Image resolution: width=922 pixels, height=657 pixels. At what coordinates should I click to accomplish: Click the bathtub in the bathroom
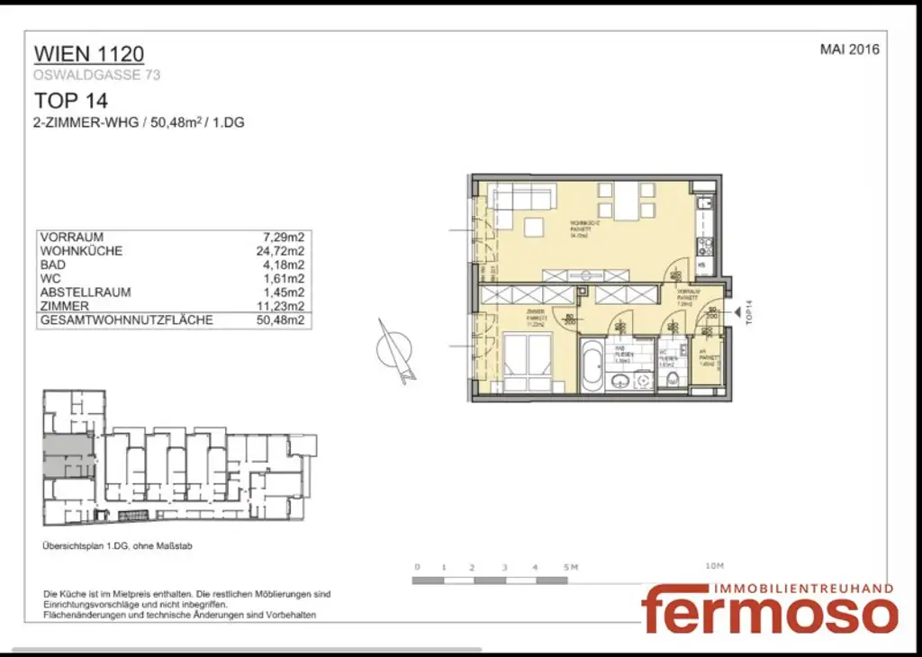593,364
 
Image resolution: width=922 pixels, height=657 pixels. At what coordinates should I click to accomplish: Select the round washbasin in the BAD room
621,382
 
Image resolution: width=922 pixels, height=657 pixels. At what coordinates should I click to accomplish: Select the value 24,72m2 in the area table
280,251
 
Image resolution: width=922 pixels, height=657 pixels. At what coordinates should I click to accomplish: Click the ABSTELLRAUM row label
86,292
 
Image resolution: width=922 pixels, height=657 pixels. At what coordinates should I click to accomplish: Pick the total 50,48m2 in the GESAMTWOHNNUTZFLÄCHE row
280,319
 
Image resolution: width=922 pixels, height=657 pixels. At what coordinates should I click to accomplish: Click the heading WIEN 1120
88,54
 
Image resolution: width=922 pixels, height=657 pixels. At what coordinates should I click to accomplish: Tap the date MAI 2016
849,49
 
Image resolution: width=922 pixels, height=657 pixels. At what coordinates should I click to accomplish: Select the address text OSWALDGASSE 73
97,76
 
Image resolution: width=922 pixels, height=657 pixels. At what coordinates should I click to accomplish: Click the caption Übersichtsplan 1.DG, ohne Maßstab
117,546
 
